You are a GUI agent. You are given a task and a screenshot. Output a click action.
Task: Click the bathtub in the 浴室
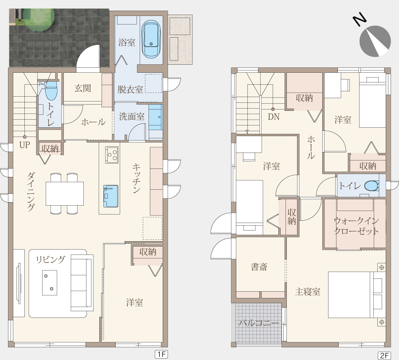[x=151, y=39]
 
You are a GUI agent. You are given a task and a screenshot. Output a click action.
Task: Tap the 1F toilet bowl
[x=51, y=91]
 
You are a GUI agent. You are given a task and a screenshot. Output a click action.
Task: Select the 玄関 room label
[x=83, y=88]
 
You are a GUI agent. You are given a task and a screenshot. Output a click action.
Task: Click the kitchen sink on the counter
[x=111, y=196]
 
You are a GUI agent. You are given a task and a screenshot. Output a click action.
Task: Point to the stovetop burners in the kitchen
[x=112, y=155]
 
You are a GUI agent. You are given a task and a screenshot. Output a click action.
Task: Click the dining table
[x=65, y=193]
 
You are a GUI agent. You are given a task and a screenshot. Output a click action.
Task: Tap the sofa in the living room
[x=82, y=282]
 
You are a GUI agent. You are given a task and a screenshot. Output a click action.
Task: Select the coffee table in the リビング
[x=49, y=283]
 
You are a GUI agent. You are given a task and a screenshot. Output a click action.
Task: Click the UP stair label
[x=25, y=145]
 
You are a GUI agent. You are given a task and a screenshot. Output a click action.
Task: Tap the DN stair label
[x=274, y=117]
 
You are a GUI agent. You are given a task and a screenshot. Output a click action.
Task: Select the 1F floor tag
[x=161, y=354]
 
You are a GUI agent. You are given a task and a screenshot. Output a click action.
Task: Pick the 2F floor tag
[x=384, y=356]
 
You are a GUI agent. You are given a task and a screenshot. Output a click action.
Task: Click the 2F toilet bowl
[x=372, y=186]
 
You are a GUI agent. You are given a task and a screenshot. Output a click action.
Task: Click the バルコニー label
[x=259, y=323]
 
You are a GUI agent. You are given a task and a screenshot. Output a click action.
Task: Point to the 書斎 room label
[x=259, y=267]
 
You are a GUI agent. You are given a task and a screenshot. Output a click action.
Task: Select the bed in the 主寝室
[x=357, y=295]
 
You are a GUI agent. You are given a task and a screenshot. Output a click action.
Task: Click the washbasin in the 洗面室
[x=155, y=117]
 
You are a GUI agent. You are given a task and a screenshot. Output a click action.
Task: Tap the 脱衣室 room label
[x=130, y=89]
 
